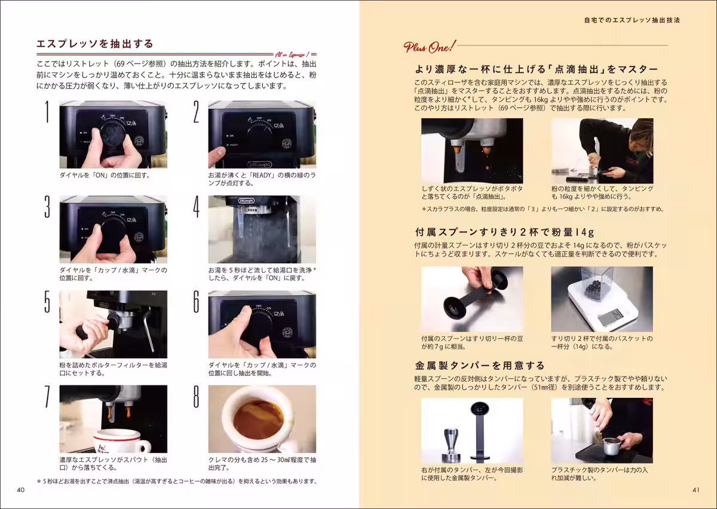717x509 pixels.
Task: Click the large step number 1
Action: [47, 111]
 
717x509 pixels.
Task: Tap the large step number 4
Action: [196, 207]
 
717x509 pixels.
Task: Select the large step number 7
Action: [47, 396]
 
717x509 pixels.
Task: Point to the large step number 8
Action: [196, 396]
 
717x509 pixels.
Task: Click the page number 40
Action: [20, 490]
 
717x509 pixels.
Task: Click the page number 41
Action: [696, 490]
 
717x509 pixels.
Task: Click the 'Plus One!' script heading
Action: [429, 47]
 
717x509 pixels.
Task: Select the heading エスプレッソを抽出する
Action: [95, 44]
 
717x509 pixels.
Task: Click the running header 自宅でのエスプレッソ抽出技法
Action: [632, 20]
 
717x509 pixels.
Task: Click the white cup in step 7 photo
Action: [122, 441]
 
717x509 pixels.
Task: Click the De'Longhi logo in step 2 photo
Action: [259, 164]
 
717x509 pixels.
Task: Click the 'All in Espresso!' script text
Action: [292, 54]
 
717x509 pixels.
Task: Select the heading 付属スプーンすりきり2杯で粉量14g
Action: [504, 232]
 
